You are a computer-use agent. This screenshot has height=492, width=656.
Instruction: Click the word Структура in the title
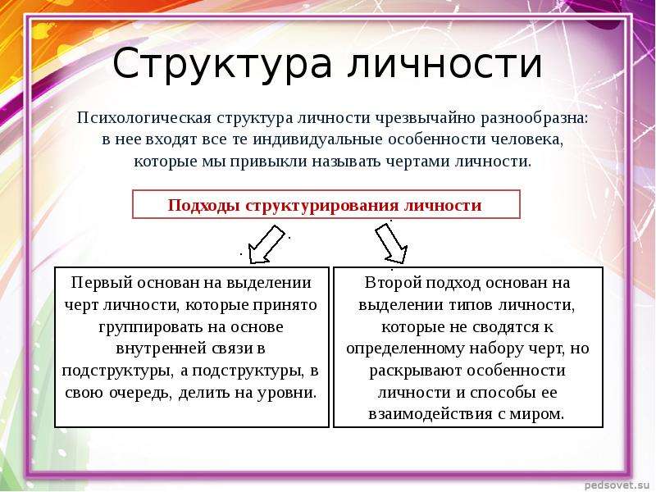(x=222, y=64)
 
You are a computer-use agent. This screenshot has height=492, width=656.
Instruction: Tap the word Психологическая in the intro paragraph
(x=144, y=118)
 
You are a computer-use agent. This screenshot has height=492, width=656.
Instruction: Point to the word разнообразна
(x=535, y=118)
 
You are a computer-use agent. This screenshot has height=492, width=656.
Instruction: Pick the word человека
(x=527, y=139)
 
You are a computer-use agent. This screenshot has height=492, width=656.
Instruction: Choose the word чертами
(x=418, y=162)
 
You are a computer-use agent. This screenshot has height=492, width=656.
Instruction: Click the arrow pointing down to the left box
(x=266, y=245)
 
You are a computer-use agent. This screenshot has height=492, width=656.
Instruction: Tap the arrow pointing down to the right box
(x=392, y=244)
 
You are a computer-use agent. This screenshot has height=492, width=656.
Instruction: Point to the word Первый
(x=102, y=283)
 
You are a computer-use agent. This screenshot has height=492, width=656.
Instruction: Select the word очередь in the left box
(x=141, y=393)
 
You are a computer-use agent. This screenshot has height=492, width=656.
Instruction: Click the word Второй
(x=394, y=283)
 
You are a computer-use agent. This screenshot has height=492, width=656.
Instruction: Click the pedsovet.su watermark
(x=619, y=485)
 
